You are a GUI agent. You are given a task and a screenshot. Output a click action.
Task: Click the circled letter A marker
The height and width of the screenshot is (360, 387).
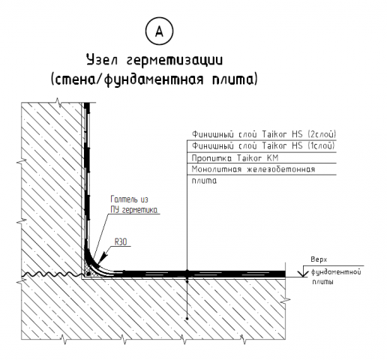[159, 31]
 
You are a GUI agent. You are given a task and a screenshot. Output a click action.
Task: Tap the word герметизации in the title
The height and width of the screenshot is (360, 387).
[174, 61]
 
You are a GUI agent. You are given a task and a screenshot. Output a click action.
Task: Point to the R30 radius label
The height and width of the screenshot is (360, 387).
[121, 241]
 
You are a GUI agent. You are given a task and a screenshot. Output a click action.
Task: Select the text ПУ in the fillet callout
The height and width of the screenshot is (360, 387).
[115, 210]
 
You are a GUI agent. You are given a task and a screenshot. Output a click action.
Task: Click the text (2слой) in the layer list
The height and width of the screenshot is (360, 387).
[322, 134]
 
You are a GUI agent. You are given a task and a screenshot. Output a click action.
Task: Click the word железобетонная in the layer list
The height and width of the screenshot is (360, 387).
[281, 169]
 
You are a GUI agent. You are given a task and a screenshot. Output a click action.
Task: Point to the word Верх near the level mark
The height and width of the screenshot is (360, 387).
[319, 259]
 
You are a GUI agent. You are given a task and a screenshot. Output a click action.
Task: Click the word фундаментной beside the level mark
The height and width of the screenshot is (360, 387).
[336, 271]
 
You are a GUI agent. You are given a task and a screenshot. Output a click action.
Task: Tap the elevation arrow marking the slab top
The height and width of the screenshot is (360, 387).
[303, 271]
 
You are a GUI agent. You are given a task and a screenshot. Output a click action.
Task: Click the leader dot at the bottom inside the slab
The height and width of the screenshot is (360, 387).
[187, 319]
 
